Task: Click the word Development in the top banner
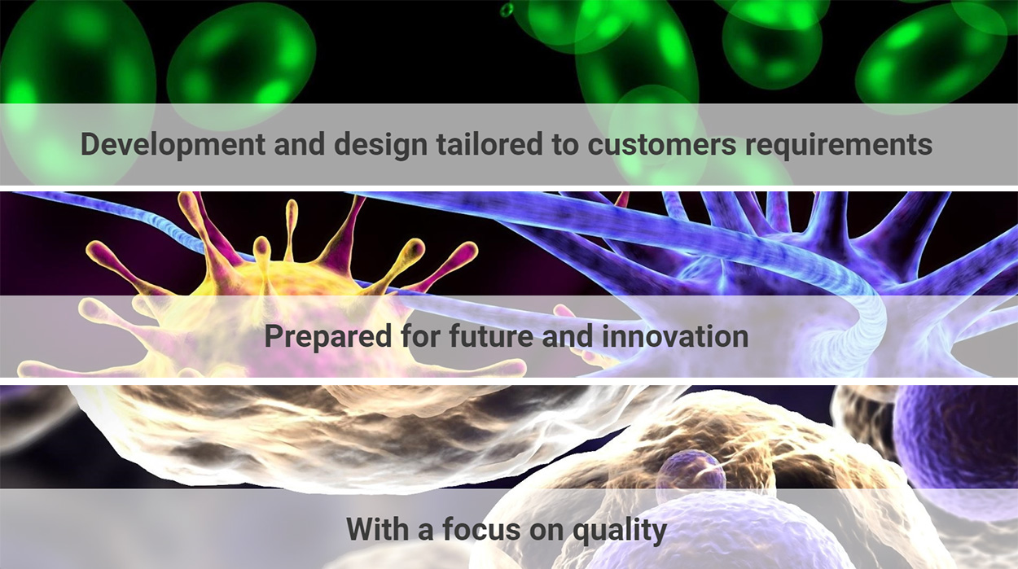(173, 145)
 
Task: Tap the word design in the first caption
(381, 145)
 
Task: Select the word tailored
(489, 143)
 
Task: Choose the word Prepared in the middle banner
(327, 337)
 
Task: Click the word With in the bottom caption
(378, 529)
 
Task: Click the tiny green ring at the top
(507, 10)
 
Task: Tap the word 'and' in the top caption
(300, 144)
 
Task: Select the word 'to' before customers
(565, 145)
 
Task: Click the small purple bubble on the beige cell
(691, 473)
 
